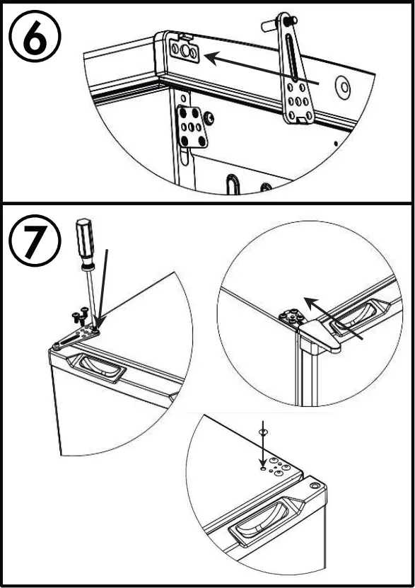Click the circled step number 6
coord(35,36)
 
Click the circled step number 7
coord(35,241)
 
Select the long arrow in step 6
coord(262,69)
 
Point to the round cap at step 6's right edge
coord(343,88)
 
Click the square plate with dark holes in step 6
coord(192,126)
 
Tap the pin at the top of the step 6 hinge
coord(279,23)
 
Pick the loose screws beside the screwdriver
coord(80,315)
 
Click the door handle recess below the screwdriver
coord(96,367)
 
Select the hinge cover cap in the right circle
coord(319,337)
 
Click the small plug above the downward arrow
coord(263,432)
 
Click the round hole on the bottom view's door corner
coord(315,485)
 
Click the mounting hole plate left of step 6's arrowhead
coord(184,50)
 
